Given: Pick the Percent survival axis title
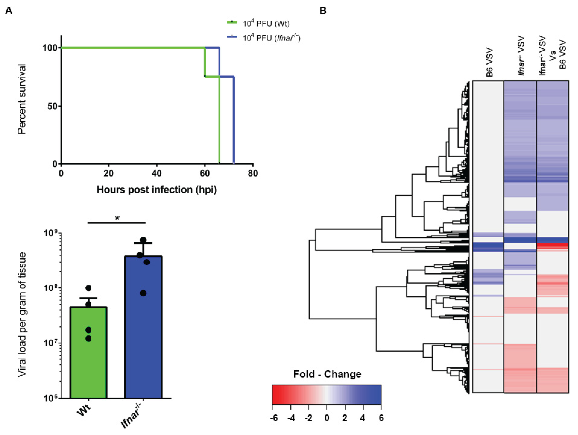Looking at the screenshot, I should pyautogui.click(x=22, y=99).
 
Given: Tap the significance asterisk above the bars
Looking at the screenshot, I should pyautogui.click(x=117, y=218).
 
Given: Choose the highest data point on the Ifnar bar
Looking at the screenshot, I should pyautogui.click(x=143, y=240).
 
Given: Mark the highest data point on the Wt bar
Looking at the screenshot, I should pyautogui.click(x=89, y=288).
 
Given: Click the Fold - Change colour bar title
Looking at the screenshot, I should pyautogui.click(x=327, y=374).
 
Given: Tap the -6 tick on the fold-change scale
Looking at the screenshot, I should pyautogui.click(x=274, y=418).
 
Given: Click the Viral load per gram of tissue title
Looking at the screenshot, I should pyautogui.click(x=22, y=315).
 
